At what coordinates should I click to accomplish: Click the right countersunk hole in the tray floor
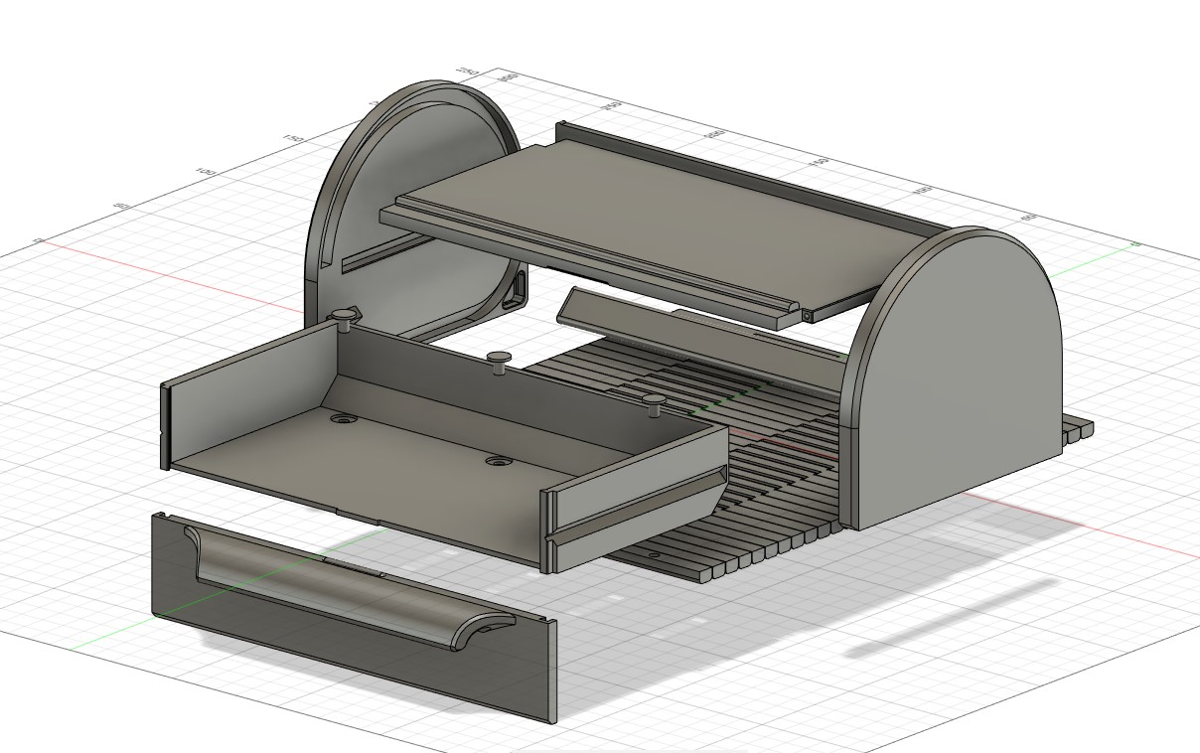(498, 462)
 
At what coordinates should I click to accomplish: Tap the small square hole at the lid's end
(808, 314)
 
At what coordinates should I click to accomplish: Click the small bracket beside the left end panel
(519, 291)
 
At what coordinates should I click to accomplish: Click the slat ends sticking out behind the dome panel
(1077, 431)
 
